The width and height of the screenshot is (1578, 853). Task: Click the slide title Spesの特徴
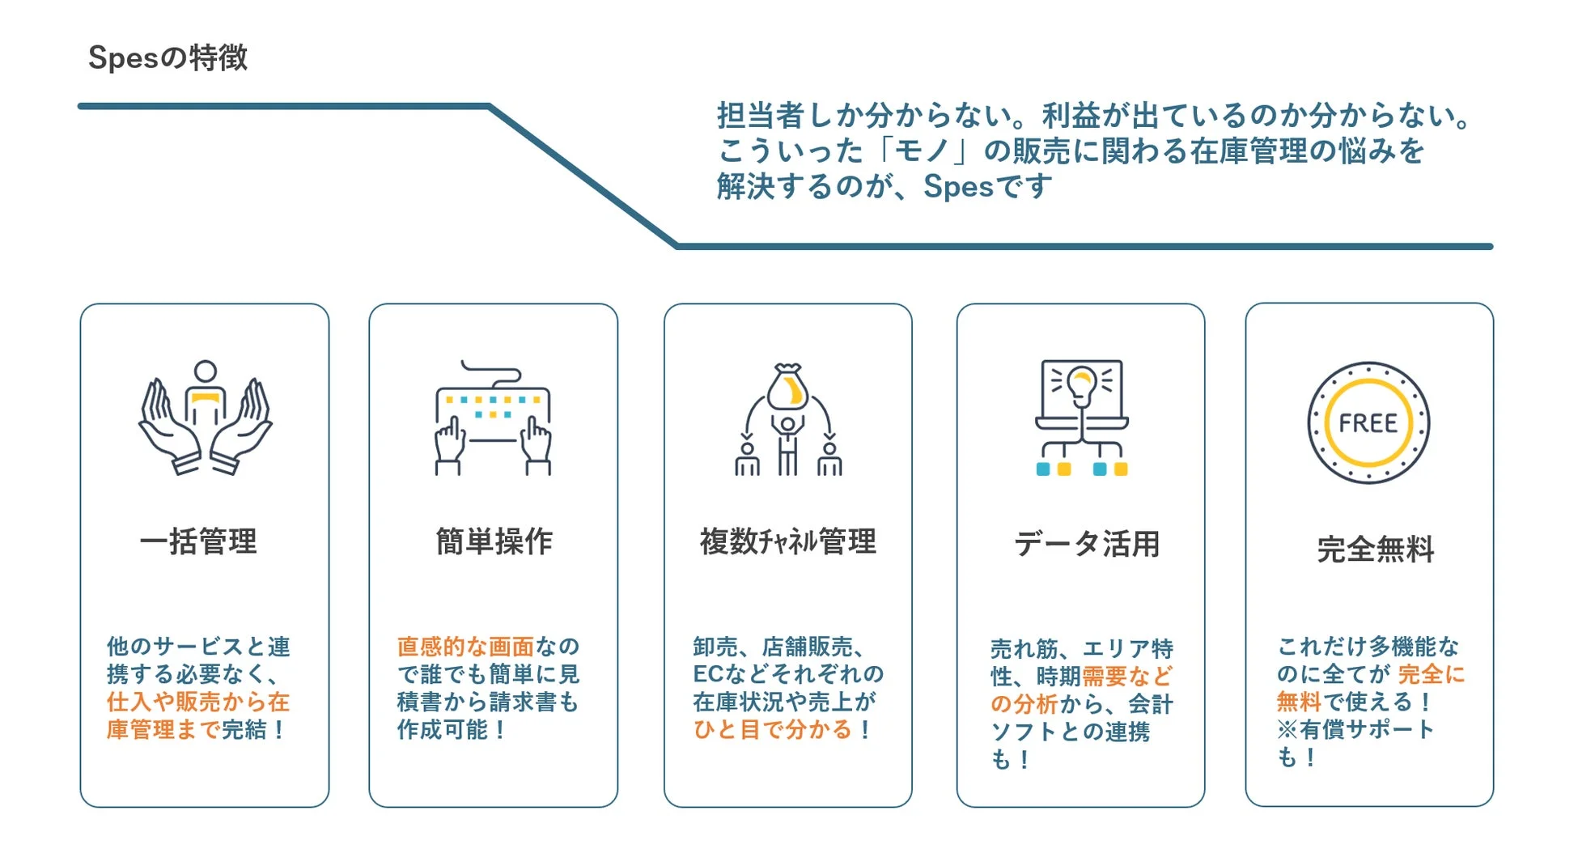(168, 57)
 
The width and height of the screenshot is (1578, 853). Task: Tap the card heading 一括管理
(198, 541)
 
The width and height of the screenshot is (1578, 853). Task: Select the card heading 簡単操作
(494, 541)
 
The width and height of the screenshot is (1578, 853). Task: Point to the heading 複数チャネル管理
(787, 541)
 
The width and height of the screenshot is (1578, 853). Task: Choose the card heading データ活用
(1086, 544)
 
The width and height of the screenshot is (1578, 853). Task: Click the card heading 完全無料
(1375, 550)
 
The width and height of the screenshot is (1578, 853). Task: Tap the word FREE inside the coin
(1368, 423)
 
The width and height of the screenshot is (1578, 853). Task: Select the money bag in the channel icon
(787, 388)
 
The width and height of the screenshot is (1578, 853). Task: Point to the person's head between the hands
(206, 371)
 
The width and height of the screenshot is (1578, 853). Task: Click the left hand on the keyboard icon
(450, 441)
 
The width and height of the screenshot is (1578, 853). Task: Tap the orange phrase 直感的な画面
(464, 647)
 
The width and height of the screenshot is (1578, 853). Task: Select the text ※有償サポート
(1355, 729)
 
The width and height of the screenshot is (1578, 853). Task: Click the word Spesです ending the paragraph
(987, 187)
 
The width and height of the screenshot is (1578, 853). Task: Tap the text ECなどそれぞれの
(787, 674)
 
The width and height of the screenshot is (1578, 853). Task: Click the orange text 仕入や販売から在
(197, 702)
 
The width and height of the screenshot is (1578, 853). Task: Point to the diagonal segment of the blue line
(583, 176)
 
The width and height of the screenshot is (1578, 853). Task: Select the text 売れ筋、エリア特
(1081, 649)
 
